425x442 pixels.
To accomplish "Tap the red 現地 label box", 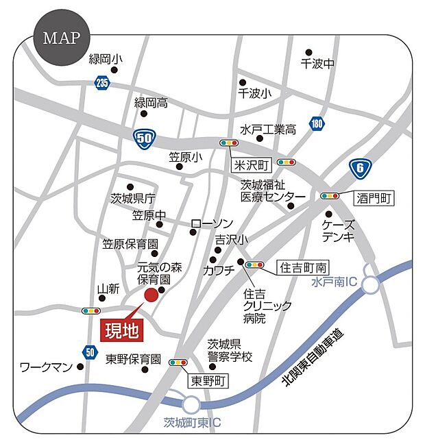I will [x=123, y=330].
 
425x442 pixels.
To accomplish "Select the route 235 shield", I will [x=102, y=83].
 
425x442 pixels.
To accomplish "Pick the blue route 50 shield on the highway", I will [x=143, y=138].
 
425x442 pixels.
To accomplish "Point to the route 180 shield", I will [x=316, y=124].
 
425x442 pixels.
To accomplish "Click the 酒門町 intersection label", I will [x=375, y=198].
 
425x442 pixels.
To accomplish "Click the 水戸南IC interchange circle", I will [x=371, y=284].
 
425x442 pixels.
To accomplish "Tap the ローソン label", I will [x=212, y=224].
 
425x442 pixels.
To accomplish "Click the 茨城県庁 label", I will [x=133, y=199].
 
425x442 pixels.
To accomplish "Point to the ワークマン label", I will [x=46, y=367].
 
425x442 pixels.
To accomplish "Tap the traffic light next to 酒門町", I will [x=330, y=196].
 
